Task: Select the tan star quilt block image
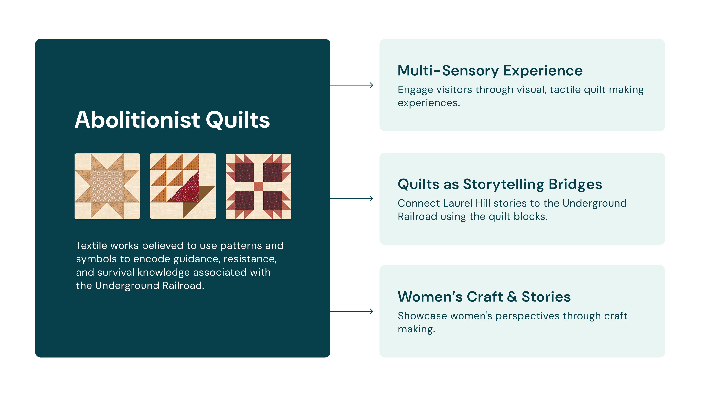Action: pyautogui.click(x=107, y=186)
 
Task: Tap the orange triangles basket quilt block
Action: pyautogui.click(x=183, y=186)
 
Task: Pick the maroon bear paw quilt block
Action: pyautogui.click(x=258, y=186)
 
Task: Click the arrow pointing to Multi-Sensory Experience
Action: pyautogui.click(x=352, y=85)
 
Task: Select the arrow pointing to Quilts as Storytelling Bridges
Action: pyautogui.click(x=352, y=199)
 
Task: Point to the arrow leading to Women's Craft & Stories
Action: pyautogui.click(x=352, y=311)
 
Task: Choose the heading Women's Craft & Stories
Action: pyautogui.click(x=484, y=297)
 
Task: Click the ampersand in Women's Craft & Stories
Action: pyautogui.click(x=512, y=297)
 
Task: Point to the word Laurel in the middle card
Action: pyautogui.click(x=458, y=203)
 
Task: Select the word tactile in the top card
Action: pyautogui.click(x=565, y=90)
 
